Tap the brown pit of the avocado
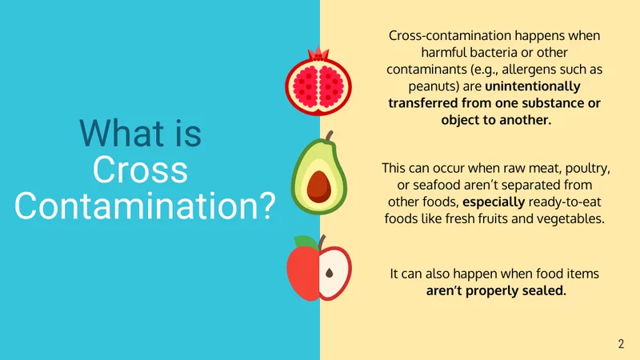[318, 187]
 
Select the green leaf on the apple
[306, 242]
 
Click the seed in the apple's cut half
[330, 273]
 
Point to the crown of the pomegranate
[318, 54]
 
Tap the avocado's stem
[329, 136]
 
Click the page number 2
[621, 344]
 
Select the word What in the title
[122, 133]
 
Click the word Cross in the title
[140, 170]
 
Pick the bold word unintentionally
[533, 86]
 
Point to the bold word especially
[494, 202]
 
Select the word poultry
[586, 169]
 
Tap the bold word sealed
[545, 290]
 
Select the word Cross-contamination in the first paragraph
[450, 35]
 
